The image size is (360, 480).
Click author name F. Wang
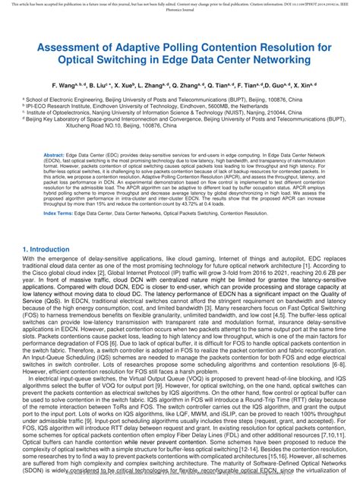[x=69, y=88]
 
